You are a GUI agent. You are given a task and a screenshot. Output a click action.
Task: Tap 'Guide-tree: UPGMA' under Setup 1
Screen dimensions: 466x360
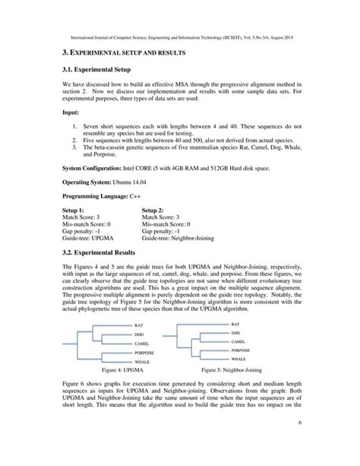point(92,238)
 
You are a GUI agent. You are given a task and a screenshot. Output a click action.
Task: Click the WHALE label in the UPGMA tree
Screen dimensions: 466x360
point(141,362)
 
